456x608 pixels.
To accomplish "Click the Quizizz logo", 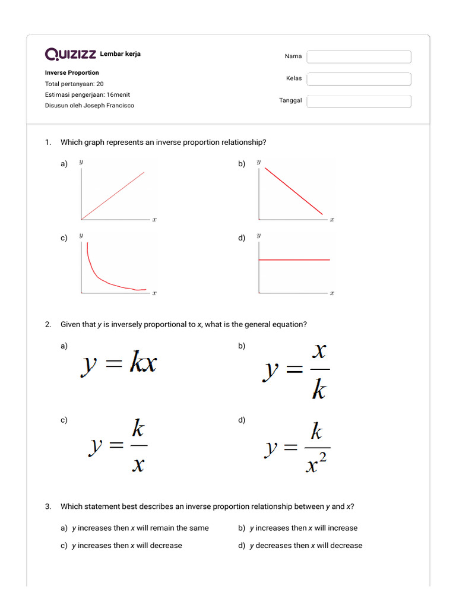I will click(71, 55).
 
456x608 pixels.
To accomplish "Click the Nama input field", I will click(359, 56).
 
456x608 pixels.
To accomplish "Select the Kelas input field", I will click(359, 79).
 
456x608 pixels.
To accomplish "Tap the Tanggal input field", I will click(359, 102).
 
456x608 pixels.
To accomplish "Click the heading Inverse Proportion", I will click(72, 72).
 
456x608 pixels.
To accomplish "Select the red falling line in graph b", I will click(294, 191).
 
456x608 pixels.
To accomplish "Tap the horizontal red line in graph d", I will click(294, 259).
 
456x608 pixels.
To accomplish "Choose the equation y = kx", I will click(119, 364).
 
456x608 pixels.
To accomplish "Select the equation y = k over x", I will click(119, 446).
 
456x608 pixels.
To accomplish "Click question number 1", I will click(47, 142).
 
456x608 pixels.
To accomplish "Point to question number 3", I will click(47, 506).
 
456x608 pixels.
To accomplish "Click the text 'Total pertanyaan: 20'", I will click(74, 84).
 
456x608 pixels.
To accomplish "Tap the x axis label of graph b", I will click(332, 220).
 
